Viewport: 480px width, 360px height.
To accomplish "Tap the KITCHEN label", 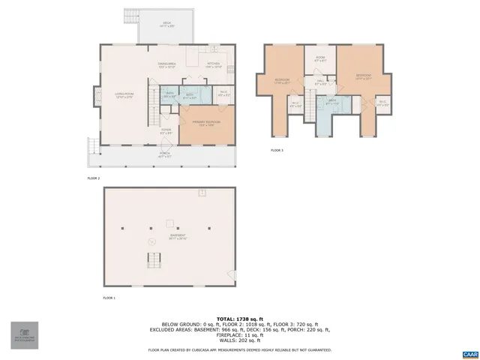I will (213, 64).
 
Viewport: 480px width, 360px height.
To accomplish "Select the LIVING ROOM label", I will (123, 94).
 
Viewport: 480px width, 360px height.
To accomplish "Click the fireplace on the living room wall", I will (96, 95).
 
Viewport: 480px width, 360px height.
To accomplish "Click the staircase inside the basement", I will (154, 260).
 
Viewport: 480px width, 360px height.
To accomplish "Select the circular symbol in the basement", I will (152, 241).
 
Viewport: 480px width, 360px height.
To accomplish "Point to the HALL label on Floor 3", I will (320, 81).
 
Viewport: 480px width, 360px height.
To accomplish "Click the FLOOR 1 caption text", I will (109, 298).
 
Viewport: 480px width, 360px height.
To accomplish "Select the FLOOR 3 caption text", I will (277, 150).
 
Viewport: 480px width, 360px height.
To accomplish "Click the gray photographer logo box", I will (25, 335).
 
